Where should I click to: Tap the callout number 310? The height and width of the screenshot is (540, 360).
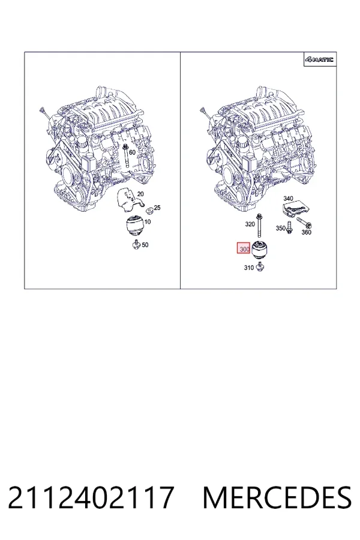pos(249,268)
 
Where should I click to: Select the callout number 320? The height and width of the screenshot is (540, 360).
pos(250,224)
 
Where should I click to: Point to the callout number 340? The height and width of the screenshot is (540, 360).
pos(288,199)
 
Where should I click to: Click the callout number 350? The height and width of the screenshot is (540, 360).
pos(280,228)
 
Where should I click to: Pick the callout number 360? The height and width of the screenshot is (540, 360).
pos(306,232)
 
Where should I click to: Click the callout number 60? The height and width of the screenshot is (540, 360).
pos(132,152)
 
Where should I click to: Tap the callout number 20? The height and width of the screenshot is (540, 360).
pos(140,194)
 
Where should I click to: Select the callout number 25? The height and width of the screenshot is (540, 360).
pos(157,208)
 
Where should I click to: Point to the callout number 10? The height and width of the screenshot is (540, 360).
pos(148,221)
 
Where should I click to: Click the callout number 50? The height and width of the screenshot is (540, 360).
pos(145,245)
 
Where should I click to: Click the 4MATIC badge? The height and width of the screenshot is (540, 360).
pos(319,59)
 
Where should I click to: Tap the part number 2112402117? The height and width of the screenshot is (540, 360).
pos(90,497)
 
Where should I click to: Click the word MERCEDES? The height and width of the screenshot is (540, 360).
pos(277,497)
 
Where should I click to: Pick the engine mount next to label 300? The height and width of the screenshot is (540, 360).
pos(260,250)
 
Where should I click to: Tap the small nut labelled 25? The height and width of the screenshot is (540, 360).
pos(149,211)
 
